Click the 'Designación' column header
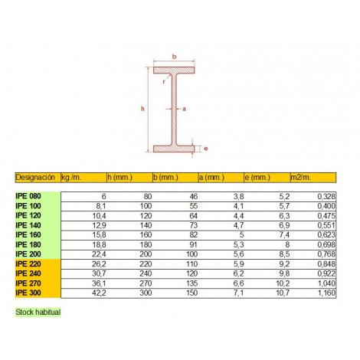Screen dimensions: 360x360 (35, 177)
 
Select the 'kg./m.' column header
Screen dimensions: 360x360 (71, 177)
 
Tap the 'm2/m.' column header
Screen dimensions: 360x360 (301, 177)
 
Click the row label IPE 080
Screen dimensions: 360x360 (28, 196)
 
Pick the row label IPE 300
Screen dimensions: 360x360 (28, 293)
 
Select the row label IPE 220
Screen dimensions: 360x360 (28, 263)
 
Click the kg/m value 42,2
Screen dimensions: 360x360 (99, 293)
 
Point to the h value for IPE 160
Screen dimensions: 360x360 (146, 235)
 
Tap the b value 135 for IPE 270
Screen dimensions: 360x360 (192, 283)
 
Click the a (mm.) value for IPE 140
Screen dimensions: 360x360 (238, 225)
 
